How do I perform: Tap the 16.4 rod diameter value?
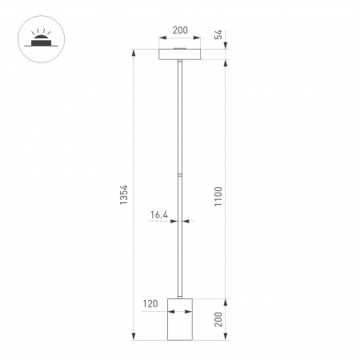[x=158, y=214]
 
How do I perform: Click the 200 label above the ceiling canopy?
[x=180, y=30]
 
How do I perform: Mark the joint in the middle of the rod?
[x=180, y=173]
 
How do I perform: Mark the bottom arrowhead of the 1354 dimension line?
[x=133, y=336]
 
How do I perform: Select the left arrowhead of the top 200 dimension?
[x=162, y=38]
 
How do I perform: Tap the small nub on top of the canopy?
[x=180, y=48]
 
